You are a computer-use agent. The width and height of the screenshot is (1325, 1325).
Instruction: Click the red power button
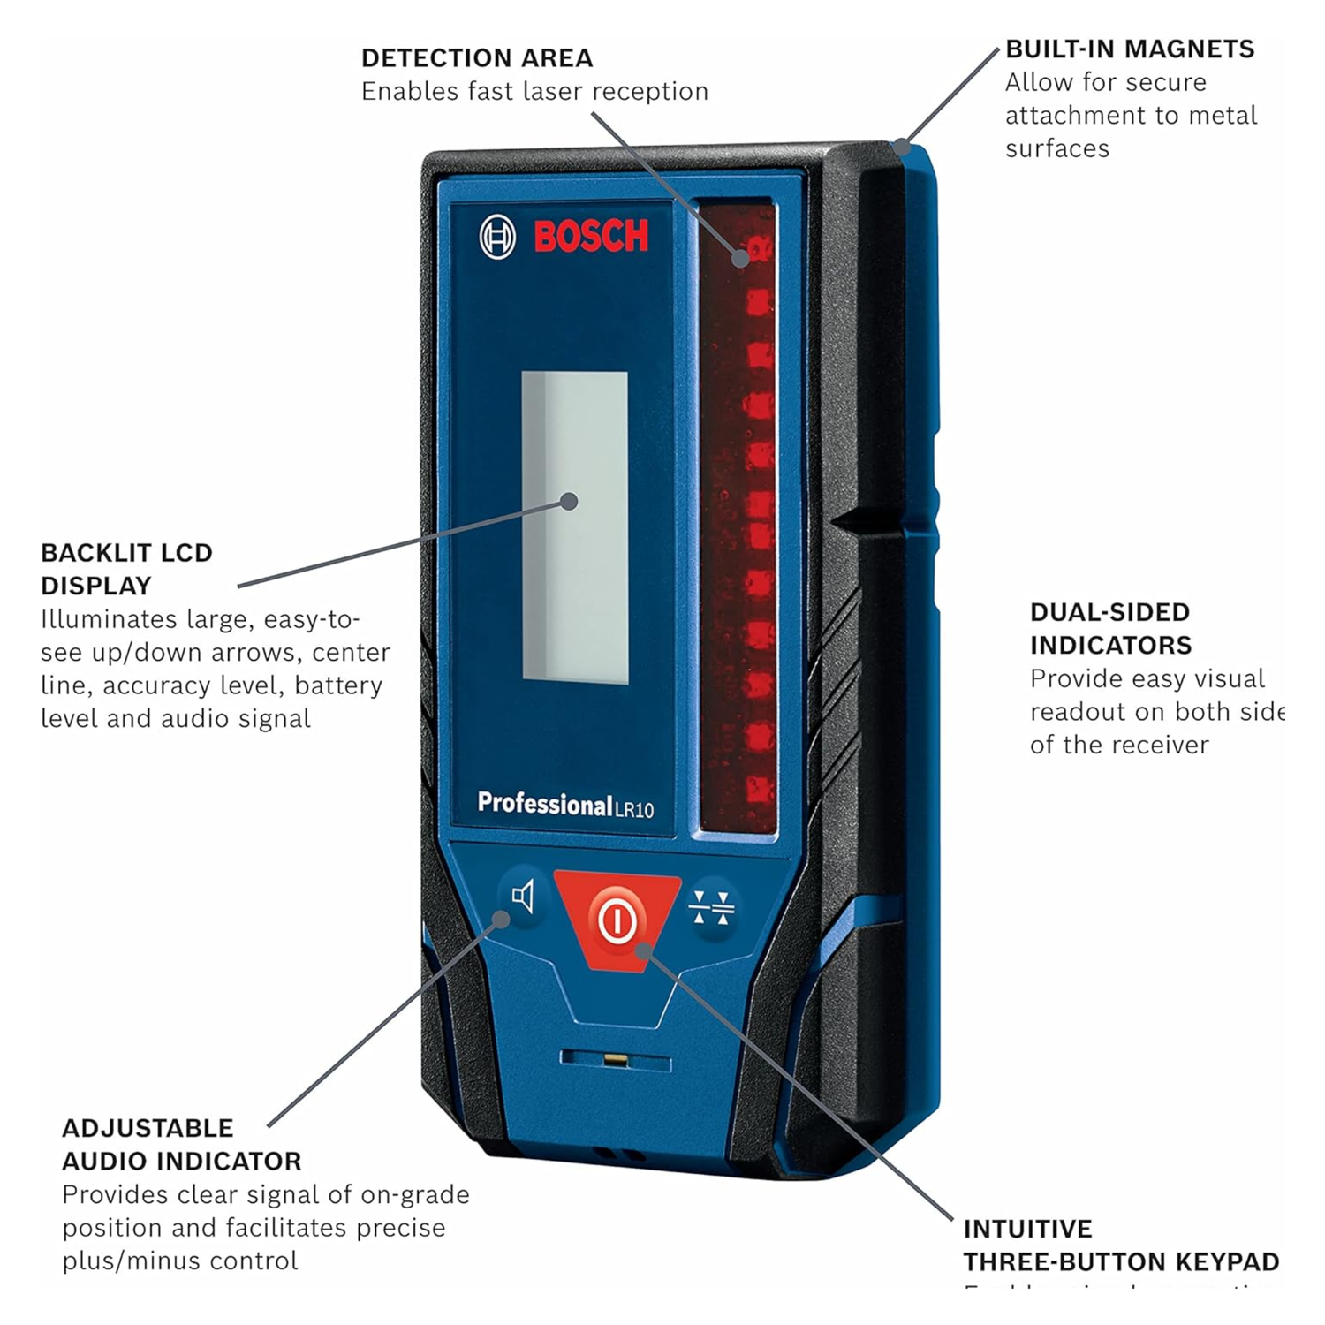click(617, 919)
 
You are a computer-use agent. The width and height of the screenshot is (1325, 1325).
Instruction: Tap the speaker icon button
click(523, 897)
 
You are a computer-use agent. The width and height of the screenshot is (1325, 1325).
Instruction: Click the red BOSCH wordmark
click(591, 236)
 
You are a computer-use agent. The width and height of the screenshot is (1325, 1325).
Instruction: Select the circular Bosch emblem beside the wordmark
click(497, 237)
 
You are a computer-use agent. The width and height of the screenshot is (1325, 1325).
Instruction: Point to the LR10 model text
click(635, 809)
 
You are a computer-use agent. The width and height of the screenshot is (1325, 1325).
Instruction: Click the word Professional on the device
click(544, 804)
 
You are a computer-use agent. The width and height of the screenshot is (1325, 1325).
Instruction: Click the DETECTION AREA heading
click(477, 58)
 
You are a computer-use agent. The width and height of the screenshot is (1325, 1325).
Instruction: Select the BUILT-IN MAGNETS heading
click(1130, 49)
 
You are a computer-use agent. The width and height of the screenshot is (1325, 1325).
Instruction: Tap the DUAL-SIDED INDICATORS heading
click(1110, 628)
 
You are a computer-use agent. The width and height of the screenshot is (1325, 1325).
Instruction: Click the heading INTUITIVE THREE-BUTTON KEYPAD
click(1120, 1245)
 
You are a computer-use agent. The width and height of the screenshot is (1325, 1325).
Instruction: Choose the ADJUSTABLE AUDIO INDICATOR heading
click(181, 1144)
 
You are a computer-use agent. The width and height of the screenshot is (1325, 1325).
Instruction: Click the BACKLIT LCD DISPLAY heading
click(126, 569)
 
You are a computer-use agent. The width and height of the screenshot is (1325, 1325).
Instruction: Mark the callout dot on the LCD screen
click(570, 502)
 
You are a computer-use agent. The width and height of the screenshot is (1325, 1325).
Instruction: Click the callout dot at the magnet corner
click(901, 146)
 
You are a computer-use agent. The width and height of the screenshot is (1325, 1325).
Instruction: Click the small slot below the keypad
click(616, 1059)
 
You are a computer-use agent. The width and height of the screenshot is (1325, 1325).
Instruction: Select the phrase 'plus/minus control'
click(180, 1261)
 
